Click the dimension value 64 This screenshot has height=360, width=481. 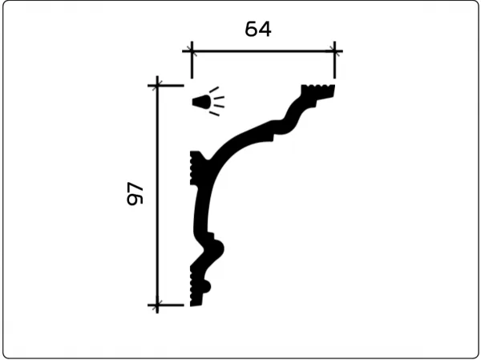click(258, 29)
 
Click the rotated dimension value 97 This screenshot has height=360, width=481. click(135, 194)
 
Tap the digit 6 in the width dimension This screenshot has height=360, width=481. click(251, 29)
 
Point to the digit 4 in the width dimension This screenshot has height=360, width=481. click(265, 29)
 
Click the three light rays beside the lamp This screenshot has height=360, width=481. click(217, 103)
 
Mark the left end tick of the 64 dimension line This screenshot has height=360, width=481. click(191, 52)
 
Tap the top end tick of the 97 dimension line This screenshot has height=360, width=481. click(158, 83)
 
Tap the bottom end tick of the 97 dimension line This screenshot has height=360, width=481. click(158, 304)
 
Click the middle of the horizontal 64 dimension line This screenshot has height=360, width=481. click(262, 52)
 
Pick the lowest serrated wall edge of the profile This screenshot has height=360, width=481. click(192, 285)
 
